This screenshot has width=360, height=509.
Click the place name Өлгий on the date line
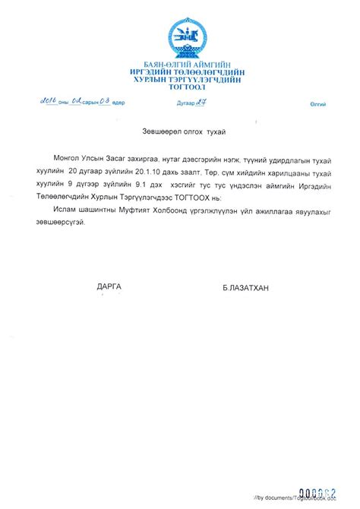point(317,103)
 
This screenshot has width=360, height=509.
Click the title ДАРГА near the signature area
point(109,286)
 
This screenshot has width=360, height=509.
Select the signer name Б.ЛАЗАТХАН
point(246,287)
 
